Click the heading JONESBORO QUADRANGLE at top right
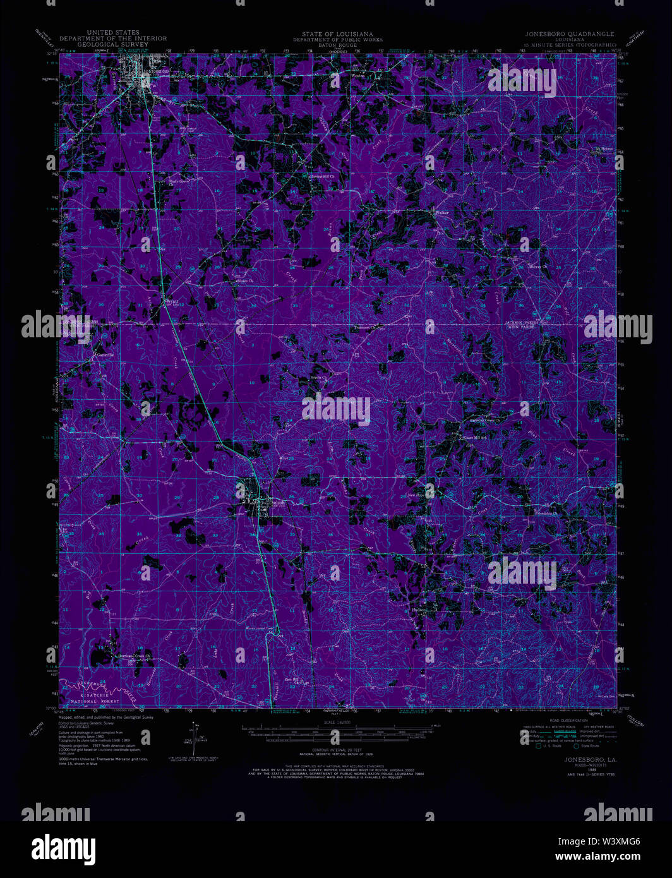568,33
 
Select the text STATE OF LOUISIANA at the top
337,33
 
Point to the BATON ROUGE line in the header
337,45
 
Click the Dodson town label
277,502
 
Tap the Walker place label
441,212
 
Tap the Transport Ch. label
364,328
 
